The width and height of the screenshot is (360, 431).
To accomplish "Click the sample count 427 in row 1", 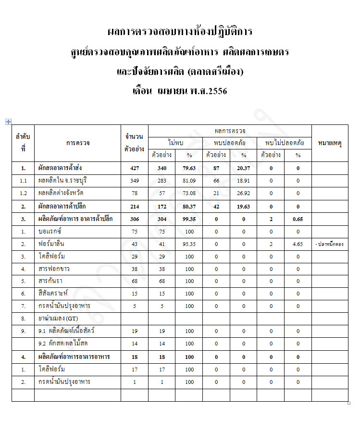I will [x=134, y=168].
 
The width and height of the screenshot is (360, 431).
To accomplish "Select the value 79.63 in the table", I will [x=189, y=168].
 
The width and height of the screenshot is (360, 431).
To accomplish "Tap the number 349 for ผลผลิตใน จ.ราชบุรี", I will [x=134, y=181].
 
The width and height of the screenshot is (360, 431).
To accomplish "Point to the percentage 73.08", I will [x=189, y=193].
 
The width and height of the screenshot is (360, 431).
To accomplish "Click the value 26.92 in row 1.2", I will [x=243, y=193].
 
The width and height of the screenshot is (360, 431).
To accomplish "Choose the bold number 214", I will [x=134, y=206].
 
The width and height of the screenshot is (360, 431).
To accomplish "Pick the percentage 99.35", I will [x=189, y=219].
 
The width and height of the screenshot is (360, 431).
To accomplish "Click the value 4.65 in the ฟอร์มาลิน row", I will [x=298, y=244].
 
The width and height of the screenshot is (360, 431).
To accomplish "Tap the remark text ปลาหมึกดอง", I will [x=330, y=244].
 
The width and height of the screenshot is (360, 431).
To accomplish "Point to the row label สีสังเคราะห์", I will [x=55, y=294].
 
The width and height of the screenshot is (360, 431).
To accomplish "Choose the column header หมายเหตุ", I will [x=330, y=143].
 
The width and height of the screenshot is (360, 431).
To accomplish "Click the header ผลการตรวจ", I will [x=230, y=131].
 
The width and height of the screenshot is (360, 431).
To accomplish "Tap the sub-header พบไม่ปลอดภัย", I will [x=284, y=143].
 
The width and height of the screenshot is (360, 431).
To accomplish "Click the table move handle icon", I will [x=8, y=122].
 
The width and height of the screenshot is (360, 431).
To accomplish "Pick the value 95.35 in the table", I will [x=189, y=244].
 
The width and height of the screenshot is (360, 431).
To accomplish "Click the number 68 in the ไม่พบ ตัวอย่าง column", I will [x=161, y=281].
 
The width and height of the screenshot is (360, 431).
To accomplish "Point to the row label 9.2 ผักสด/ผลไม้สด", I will [x=63, y=344].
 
